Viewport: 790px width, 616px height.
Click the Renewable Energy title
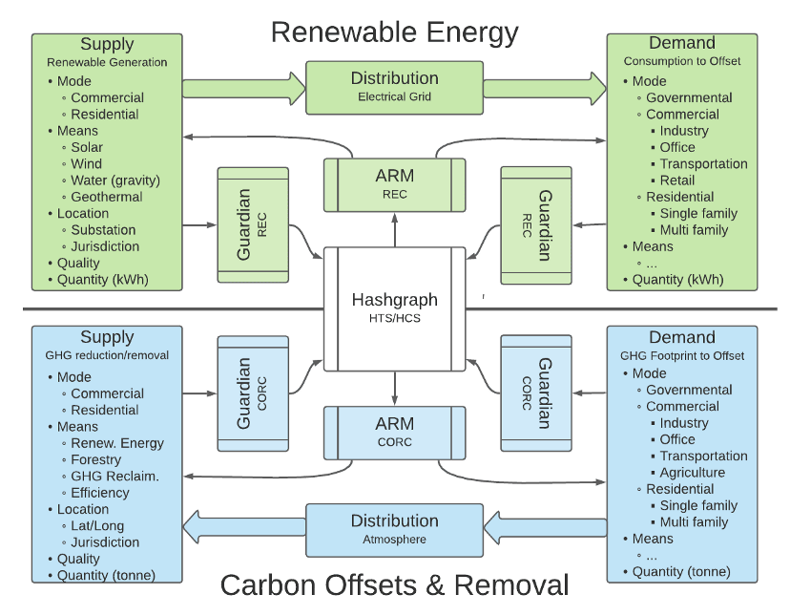(x=394, y=32)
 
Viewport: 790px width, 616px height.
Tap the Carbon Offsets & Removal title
(x=394, y=584)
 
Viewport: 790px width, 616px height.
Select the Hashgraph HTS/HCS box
(x=394, y=308)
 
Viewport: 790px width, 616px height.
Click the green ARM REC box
(x=394, y=184)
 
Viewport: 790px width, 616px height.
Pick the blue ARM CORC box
(x=394, y=432)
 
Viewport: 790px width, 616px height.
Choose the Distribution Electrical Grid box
(x=394, y=86)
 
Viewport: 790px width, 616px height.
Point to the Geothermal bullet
(x=106, y=197)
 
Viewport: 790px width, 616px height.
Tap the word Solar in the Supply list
(x=87, y=147)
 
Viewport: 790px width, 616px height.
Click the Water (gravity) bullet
(x=114, y=181)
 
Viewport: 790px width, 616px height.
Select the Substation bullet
(x=103, y=230)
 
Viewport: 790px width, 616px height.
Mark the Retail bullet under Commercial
(x=676, y=181)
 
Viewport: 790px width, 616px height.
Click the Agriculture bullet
(x=692, y=473)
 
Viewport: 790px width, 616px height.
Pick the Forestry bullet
(x=96, y=460)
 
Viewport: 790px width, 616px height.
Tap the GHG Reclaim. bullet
(x=114, y=477)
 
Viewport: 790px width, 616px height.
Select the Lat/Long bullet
(x=97, y=526)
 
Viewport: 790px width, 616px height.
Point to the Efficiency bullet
(x=100, y=493)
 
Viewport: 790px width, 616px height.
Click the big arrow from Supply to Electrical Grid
(x=243, y=88)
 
